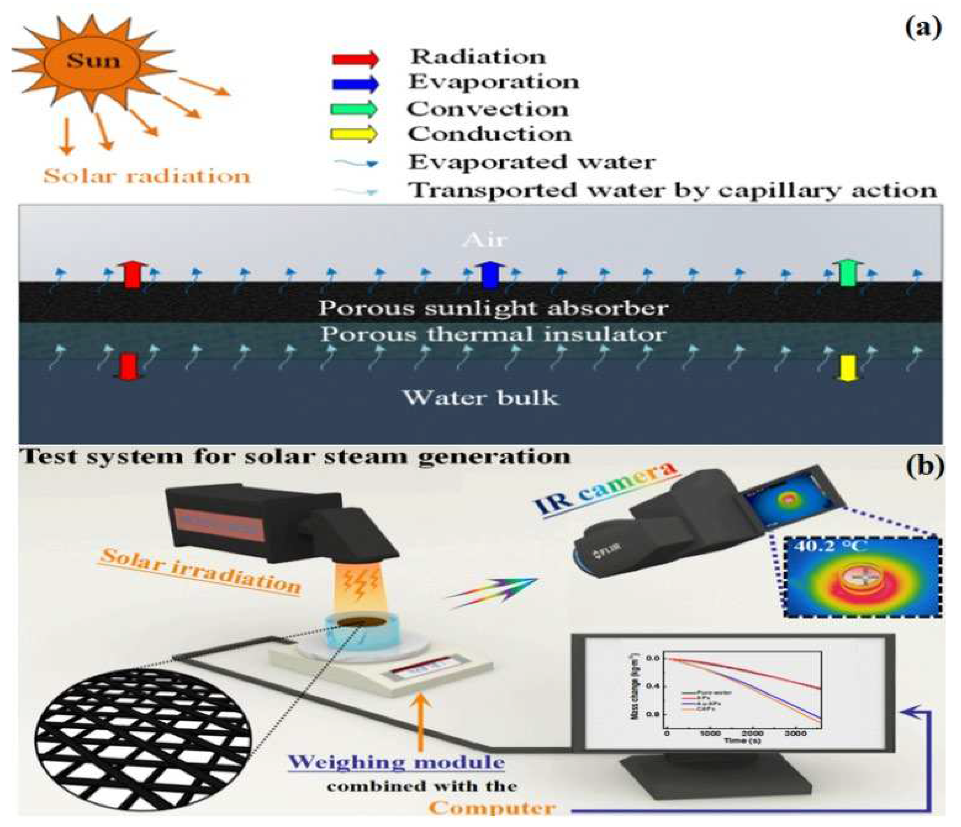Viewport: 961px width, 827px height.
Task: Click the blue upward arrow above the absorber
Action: [x=487, y=275]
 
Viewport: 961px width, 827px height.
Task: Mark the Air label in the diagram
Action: [x=485, y=240]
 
